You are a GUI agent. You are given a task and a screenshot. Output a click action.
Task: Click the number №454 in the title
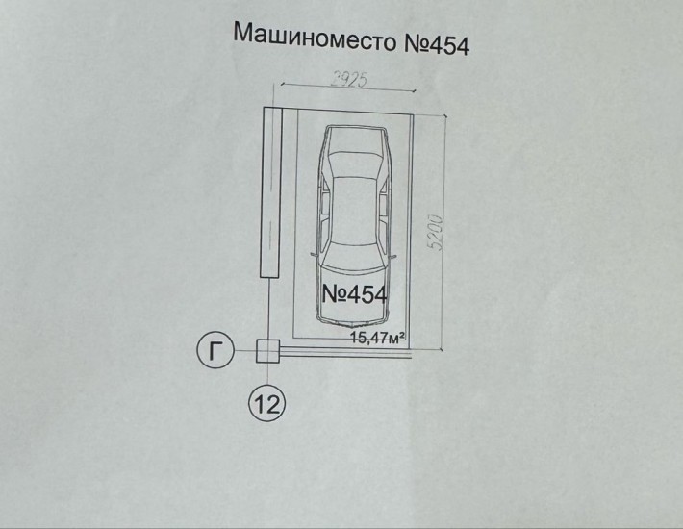(431, 39)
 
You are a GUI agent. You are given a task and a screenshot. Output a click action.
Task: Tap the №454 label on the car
(353, 295)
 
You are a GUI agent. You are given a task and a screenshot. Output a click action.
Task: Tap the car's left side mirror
(313, 254)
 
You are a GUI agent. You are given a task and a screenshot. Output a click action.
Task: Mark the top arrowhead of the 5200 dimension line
(445, 114)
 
